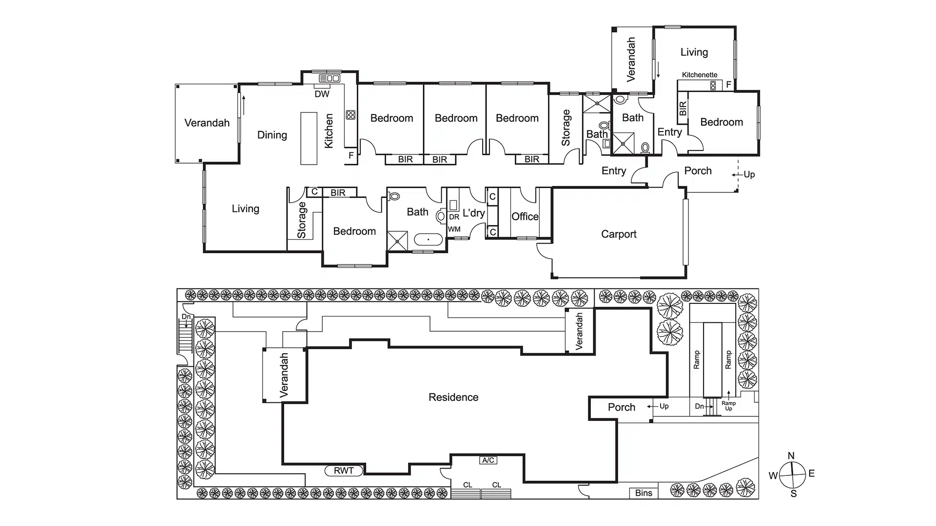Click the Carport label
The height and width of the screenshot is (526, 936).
(619, 234)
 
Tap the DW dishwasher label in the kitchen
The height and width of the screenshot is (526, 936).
(322, 94)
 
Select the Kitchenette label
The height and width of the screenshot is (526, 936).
(700, 75)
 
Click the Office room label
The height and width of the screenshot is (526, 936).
(525, 217)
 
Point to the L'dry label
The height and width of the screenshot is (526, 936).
(473, 213)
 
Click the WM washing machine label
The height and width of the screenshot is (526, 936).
(454, 229)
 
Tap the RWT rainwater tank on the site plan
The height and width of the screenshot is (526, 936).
(344, 470)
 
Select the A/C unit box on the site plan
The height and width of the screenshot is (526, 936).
(488, 460)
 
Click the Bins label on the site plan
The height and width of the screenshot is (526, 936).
(643, 493)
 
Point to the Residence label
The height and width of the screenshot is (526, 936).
(453, 397)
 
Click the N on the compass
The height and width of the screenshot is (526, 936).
(791, 456)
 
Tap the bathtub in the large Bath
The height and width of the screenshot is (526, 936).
(428, 240)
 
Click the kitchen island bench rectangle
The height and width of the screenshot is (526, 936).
(309, 138)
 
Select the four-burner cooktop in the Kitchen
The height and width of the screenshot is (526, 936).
(351, 115)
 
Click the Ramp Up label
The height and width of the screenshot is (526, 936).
(728, 406)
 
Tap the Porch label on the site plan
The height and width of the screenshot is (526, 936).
(622, 407)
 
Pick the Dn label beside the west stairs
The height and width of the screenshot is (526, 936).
(186, 317)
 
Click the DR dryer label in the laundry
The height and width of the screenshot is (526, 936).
(454, 217)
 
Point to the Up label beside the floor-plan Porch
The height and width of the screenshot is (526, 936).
(749, 174)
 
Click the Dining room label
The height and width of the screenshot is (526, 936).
(272, 135)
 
